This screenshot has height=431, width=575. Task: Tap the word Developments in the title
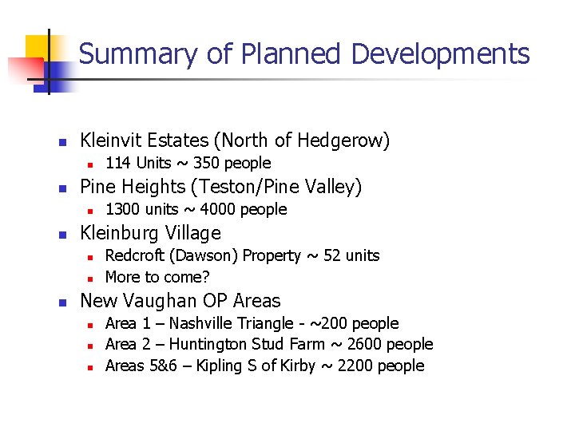coord(439,54)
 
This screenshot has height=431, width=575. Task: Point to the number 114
coord(118,164)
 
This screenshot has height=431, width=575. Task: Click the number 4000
coord(219,209)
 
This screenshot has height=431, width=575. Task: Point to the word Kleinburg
coord(120,233)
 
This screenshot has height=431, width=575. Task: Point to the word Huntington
coord(210,344)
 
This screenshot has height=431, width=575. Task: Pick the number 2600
coord(359,344)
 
